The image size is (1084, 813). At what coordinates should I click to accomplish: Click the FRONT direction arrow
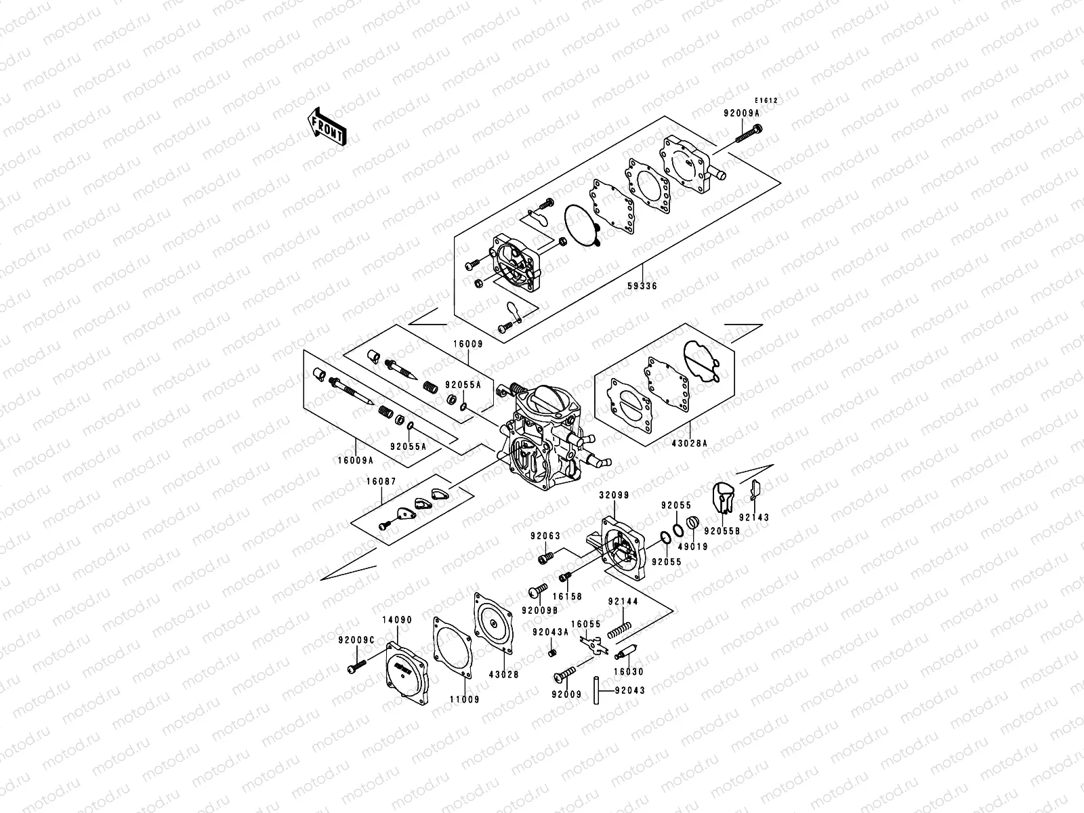328,127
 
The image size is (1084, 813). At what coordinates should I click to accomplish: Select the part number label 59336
642,286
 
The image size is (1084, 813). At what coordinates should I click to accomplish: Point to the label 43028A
691,443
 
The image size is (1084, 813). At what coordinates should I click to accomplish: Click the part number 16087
381,482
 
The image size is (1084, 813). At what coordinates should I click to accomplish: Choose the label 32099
614,495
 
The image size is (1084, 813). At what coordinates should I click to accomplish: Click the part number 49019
694,546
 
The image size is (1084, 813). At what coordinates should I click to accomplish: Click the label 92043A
549,632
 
